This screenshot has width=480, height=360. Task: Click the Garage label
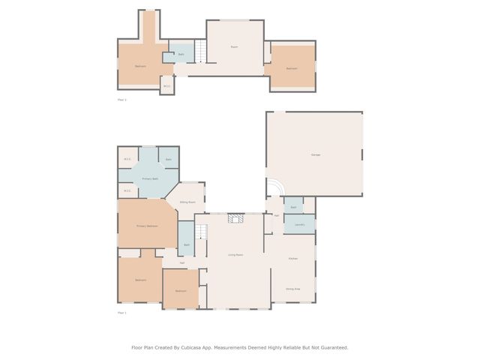316,154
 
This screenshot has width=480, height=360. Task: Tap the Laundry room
298,224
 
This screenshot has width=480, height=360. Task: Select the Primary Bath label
150,178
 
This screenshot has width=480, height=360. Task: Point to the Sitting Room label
187,202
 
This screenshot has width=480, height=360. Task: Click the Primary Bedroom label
147,226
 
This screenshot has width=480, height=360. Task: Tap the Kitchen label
293,259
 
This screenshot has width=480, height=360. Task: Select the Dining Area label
293,289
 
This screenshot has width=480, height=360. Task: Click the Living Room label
235,255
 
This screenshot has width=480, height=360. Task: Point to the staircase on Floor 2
201,51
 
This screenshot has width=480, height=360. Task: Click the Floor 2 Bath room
181,55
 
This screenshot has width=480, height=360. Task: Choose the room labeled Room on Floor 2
234,47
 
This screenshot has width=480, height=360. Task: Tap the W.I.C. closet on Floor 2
167,86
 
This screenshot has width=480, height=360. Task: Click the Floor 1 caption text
122,313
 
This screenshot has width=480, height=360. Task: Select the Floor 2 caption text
122,99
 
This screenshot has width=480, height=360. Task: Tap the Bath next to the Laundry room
293,206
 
